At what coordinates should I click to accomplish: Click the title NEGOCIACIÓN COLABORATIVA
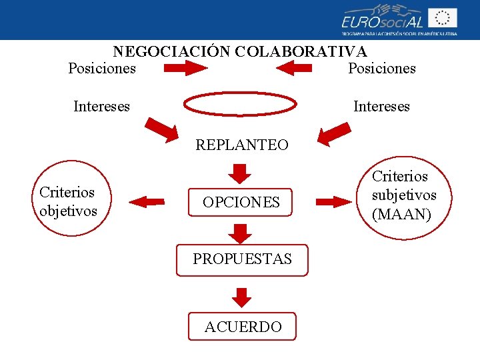point(240,51)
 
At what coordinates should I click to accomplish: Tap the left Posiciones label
point(102,68)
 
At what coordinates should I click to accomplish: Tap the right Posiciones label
point(382,68)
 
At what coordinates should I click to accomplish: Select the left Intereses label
point(102,106)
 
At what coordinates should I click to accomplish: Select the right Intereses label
point(381,106)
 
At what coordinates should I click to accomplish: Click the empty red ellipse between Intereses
point(240,105)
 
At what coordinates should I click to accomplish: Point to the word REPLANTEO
point(242,145)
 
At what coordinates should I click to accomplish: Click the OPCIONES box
point(241,202)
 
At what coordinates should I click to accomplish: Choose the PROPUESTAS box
point(242,259)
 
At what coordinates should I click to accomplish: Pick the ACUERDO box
point(242,327)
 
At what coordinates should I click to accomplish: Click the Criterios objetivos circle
point(68,201)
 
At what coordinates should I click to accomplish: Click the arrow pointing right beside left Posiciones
point(186,68)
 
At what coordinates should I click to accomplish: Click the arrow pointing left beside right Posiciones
point(294,67)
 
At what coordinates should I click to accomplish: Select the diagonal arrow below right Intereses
point(334,133)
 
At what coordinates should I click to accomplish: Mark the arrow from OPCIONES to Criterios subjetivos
point(335,201)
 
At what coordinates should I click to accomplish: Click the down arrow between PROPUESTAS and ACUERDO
point(242,297)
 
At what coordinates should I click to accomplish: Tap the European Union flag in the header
point(443,18)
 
